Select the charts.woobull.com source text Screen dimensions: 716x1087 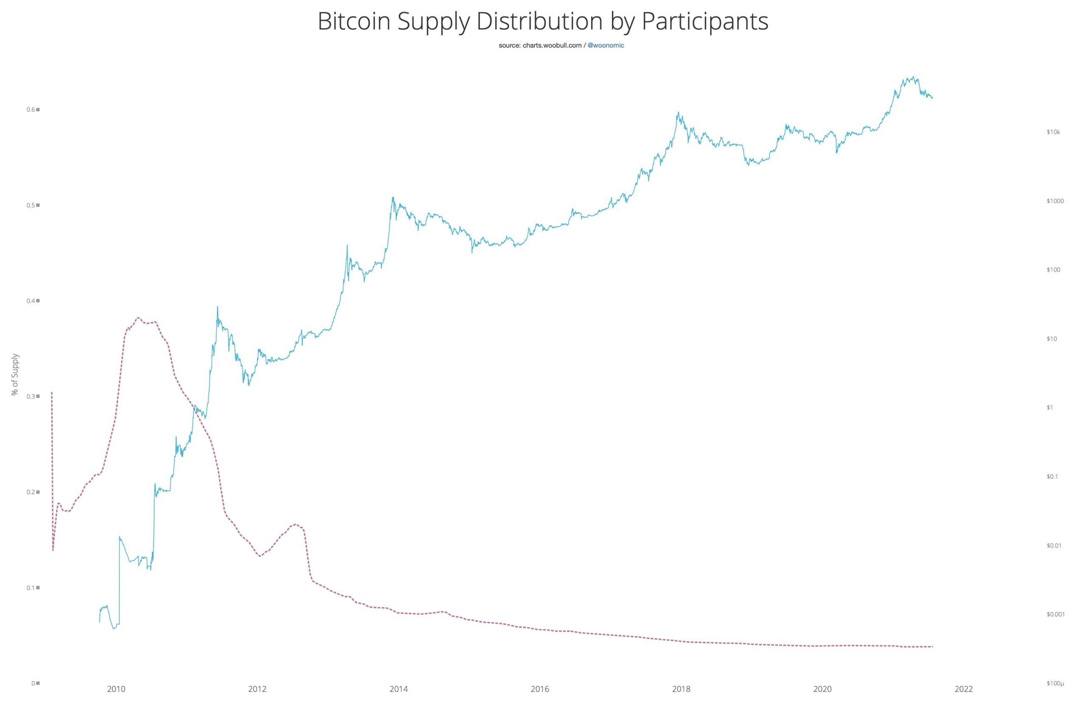[552, 46]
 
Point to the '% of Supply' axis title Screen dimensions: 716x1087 [15, 374]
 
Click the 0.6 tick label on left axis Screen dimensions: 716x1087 [31, 110]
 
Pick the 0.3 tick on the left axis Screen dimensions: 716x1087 [31, 396]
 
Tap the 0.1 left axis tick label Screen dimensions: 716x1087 [31, 588]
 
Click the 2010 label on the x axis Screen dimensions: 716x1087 [116, 702]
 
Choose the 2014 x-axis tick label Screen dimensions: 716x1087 [399, 702]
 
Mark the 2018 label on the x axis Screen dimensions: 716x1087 [681, 702]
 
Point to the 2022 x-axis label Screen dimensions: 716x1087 [964, 702]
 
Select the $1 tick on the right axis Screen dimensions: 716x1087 [1050, 407]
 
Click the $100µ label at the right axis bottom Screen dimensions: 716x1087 [1055, 684]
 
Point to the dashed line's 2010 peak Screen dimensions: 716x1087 [138, 318]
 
